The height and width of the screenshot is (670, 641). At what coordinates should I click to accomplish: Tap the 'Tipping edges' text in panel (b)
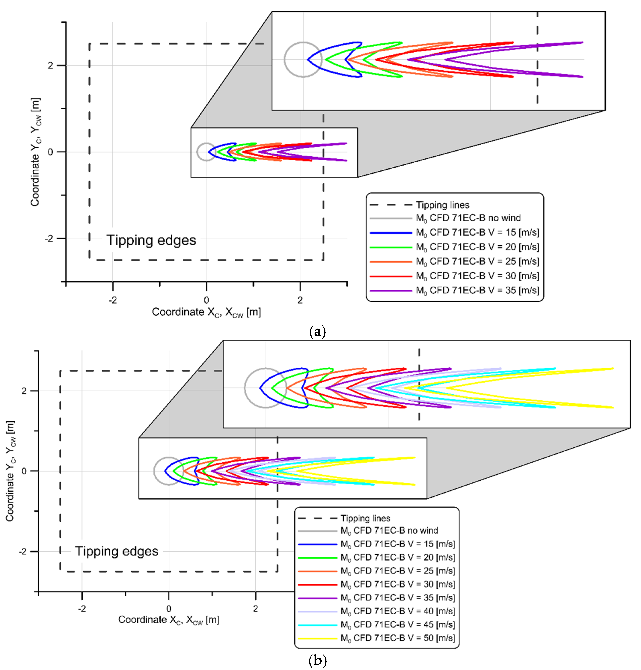[x=116, y=551]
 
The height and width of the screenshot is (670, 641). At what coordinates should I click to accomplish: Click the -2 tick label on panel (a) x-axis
[x=113, y=300]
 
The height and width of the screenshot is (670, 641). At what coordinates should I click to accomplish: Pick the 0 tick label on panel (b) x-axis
[x=169, y=609]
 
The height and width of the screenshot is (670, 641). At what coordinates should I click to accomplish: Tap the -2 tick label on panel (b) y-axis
[x=22, y=551]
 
